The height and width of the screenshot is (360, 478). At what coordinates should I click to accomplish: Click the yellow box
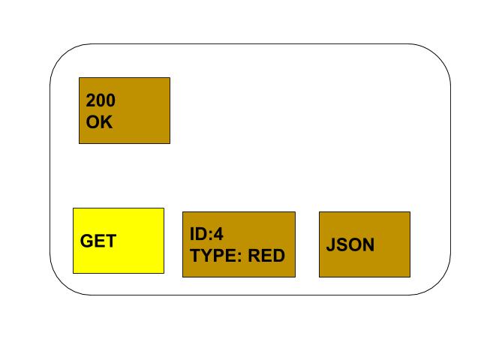(x=119, y=241)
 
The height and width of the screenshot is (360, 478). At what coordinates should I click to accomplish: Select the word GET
(x=98, y=241)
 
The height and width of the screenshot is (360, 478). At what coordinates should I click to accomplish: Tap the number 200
(x=101, y=100)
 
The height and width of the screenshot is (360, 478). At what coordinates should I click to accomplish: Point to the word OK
(x=99, y=121)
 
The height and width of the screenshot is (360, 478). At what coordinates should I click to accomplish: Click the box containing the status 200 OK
(x=125, y=110)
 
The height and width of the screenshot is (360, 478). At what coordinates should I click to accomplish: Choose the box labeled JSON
(x=365, y=244)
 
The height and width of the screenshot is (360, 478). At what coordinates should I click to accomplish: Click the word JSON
(x=350, y=244)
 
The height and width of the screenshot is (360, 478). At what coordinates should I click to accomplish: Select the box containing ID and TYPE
(x=239, y=244)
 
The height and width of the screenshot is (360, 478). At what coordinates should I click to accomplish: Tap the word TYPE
(x=214, y=255)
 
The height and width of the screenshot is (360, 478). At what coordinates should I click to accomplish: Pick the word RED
(x=266, y=255)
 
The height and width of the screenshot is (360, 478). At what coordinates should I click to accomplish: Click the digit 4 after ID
(x=218, y=234)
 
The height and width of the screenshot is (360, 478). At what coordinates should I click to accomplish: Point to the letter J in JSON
(x=331, y=244)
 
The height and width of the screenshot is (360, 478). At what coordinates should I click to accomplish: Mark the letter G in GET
(x=86, y=241)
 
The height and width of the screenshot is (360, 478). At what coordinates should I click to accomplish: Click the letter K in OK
(x=107, y=121)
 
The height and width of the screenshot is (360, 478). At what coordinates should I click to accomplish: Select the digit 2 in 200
(x=91, y=100)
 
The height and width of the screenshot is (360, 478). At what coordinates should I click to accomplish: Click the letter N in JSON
(x=368, y=244)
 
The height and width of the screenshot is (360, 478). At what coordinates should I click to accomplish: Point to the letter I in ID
(x=192, y=234)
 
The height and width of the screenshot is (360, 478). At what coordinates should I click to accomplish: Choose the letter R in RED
(x=254, y=255)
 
